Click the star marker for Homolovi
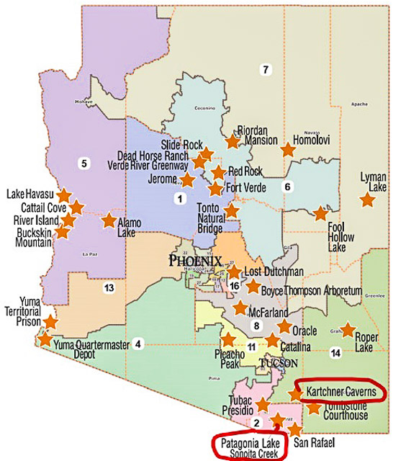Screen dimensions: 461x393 288,150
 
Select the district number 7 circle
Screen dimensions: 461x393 266,69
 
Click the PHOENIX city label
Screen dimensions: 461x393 195,261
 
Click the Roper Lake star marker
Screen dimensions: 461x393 348,330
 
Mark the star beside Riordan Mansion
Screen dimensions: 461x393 232,141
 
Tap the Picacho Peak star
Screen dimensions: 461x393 228,339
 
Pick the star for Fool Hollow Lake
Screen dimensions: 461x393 320,214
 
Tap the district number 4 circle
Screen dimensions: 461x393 138,342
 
